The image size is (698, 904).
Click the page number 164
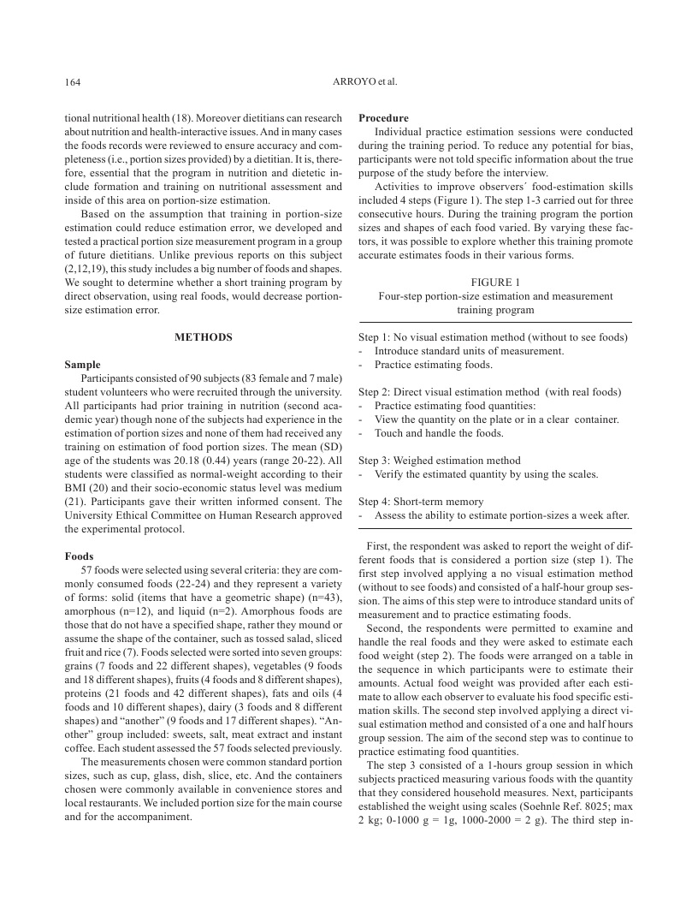[x=73, y=82]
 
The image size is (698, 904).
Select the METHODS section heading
[x=204, y=337]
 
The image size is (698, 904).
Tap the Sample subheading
[x=82, y=365]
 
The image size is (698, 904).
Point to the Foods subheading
[x=80, y=556]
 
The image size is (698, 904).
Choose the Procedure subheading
[x=383, y=118]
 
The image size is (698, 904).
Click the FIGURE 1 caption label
[x=495, y=282]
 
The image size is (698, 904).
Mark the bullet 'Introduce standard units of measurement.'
[x=469, y=351]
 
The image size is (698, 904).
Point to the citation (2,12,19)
[x=89, y=269]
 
